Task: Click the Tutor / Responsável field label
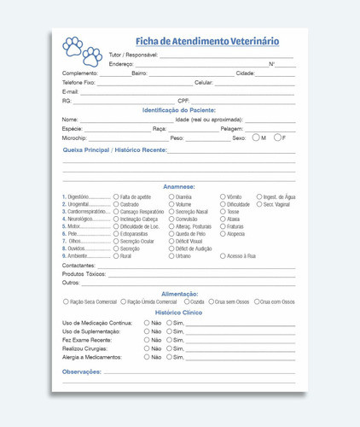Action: point(133,55)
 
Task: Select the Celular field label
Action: point(204,83)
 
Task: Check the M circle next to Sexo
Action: point(256,137)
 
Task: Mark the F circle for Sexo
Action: point(276,137)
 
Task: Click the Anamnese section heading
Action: point(179,186)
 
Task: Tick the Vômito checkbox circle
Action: point(224,196)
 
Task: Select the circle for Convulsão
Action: point(171,219)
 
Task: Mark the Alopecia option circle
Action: point(224,233)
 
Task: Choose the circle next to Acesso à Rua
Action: point(224,256)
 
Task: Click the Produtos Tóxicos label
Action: point(84,274)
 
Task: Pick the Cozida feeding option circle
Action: point(185,301)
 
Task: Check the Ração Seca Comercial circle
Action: point(66,301)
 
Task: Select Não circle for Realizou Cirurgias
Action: point(147,348)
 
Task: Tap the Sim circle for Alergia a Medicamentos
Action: point(169,357)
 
